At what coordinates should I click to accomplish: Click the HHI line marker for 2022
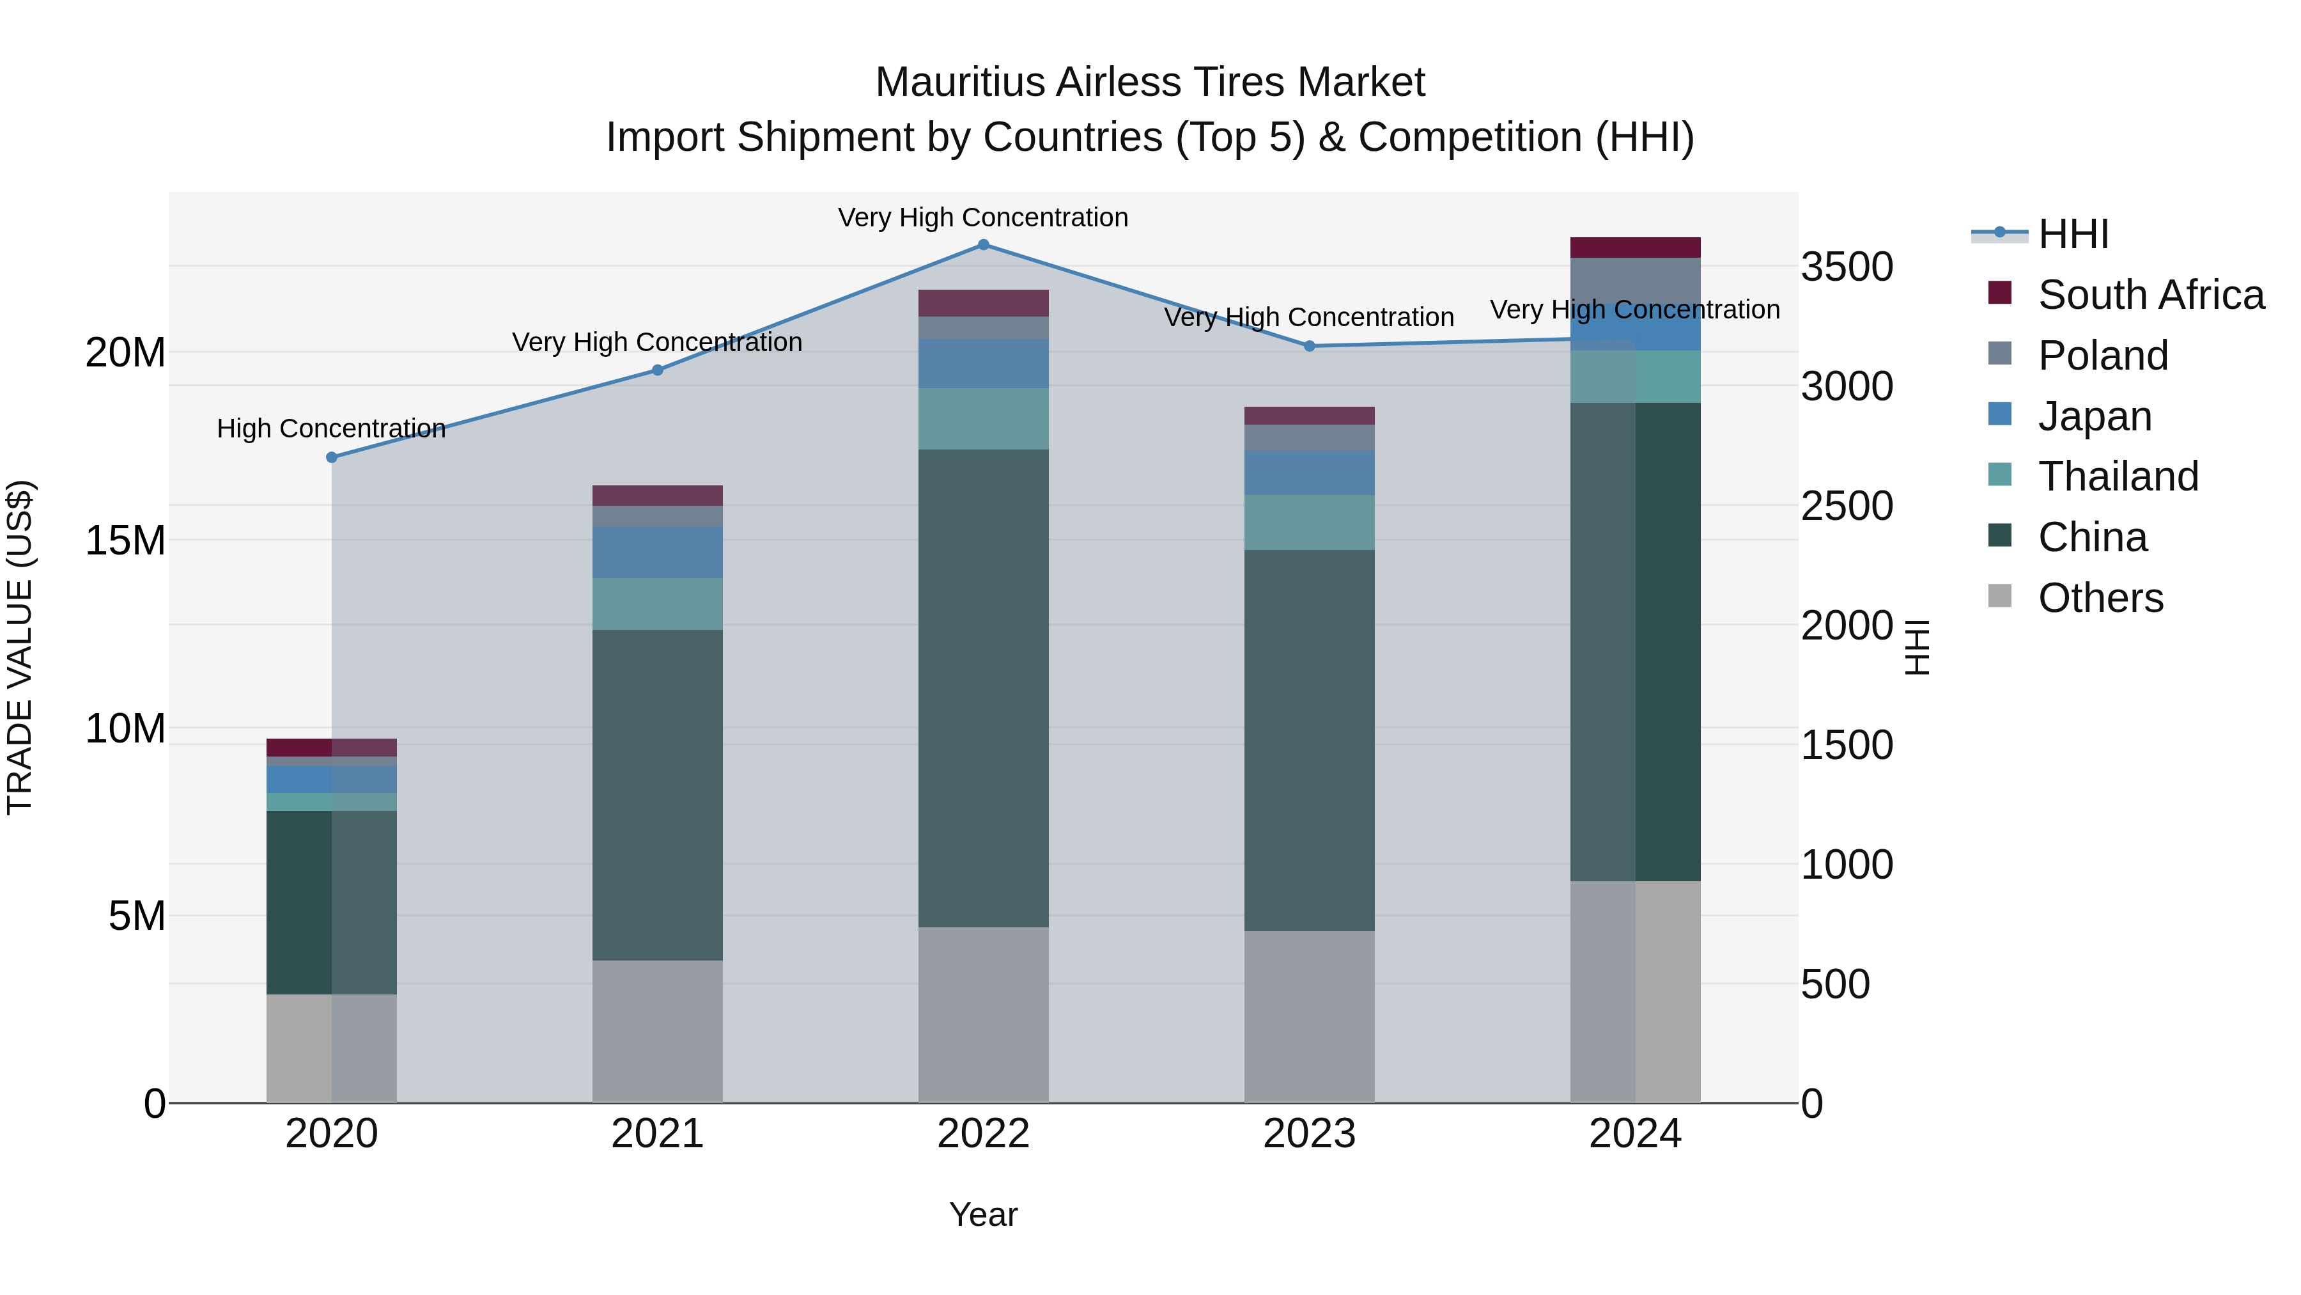[984, 245]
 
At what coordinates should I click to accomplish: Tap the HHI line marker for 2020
[331, 458]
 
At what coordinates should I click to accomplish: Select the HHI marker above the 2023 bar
[1310, 346]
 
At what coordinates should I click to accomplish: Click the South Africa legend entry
[2150, 295]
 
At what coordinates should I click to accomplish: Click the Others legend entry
[2100, 598]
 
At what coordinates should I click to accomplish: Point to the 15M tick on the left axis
[125, 540]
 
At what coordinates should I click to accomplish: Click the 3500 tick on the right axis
[1847, 267]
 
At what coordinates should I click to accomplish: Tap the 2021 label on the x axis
[658, 1134]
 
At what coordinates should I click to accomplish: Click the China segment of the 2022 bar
[984, 688]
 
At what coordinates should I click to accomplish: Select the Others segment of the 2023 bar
[1310, 1017]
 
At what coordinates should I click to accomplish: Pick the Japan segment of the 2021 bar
[658, 553]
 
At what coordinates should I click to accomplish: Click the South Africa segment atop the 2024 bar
[1636, 247]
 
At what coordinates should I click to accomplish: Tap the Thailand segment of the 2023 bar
[1310, 523]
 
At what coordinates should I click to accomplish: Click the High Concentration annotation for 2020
[331, 429]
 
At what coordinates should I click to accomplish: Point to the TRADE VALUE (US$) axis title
[20, 647]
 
